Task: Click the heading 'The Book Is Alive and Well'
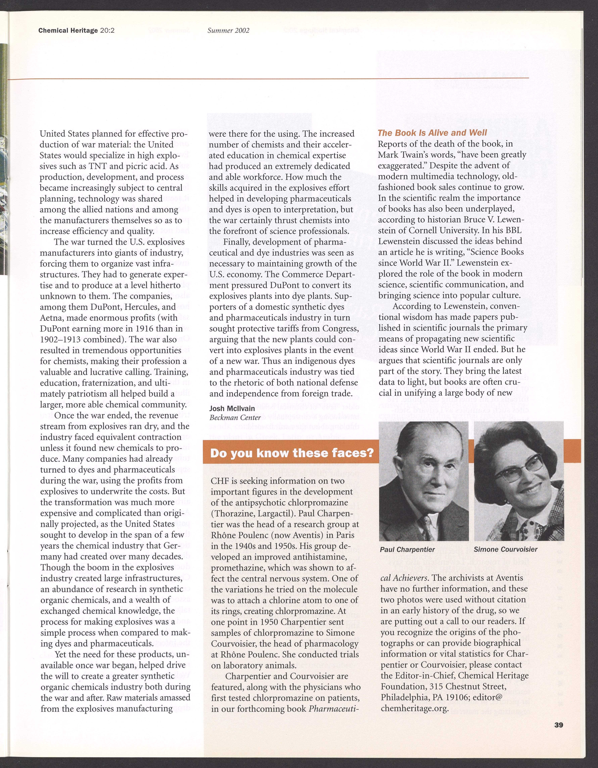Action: [x=432, y=133]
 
